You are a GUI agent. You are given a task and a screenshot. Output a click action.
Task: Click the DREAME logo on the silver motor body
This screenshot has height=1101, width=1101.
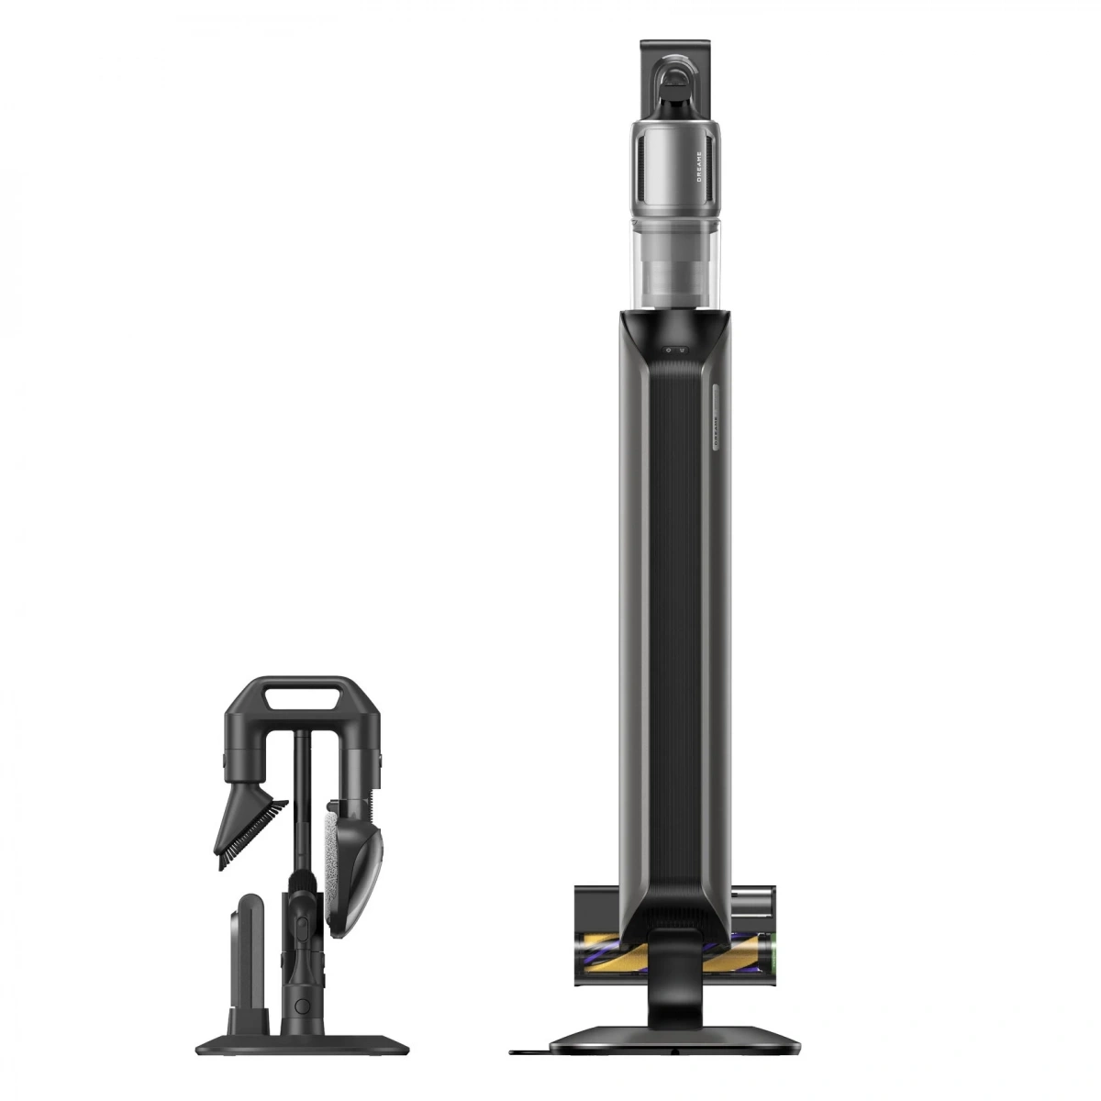click(x=700, y=165)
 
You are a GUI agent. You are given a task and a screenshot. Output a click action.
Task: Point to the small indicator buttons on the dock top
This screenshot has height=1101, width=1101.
click(x=676, y=350)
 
